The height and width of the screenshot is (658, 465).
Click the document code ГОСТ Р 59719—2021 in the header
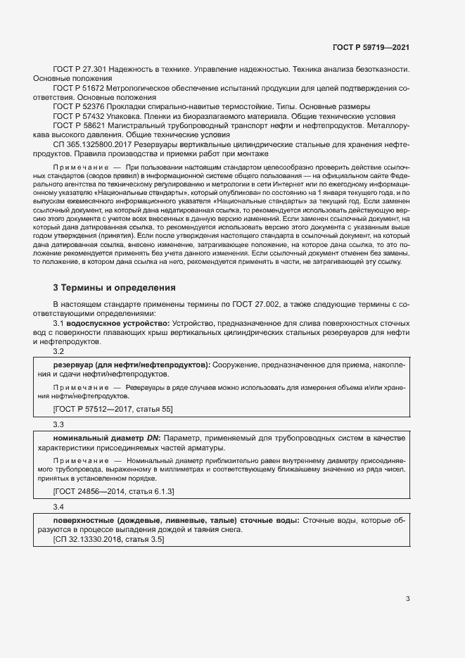(x=371, y=47)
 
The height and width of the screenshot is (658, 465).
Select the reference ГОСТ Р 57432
(x=78, y=115)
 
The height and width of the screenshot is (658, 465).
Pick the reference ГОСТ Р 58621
(x=78, y=125)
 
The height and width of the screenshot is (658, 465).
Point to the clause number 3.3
(x=58, y=424)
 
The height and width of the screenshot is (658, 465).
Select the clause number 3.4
(x=58, y=507)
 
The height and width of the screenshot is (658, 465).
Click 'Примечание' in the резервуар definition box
(x=77, y=387)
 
